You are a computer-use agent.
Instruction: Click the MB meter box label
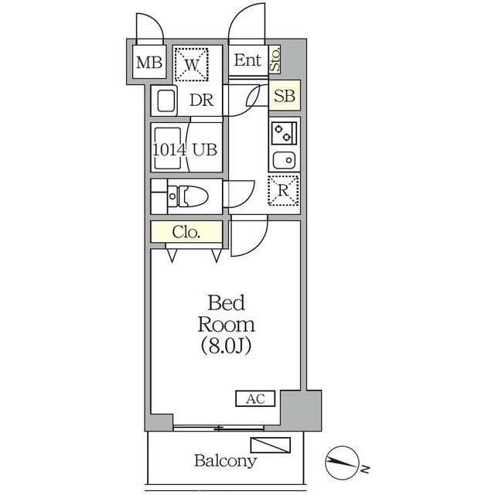coord(149,63)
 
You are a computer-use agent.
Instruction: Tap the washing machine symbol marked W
coord(191,64)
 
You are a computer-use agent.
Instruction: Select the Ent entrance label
coord(247,60)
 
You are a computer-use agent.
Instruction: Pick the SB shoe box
coord(285,95)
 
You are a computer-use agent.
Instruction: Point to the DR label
coord(202,101)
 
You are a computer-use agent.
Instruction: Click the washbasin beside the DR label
coord(165,101)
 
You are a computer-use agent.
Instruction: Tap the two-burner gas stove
coord(284,134)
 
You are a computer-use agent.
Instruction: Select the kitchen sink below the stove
coord(284,160)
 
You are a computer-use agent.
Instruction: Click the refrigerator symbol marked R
coord(284,190)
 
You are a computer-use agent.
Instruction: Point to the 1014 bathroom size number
coord(169,149)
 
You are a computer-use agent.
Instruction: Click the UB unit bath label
coord(205,149)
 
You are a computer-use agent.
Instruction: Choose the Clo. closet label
coord(186,232)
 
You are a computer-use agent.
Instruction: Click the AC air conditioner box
coord(255,398)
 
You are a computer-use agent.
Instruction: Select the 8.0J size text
coord(227,346)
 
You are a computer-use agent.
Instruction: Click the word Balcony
coord(225,461)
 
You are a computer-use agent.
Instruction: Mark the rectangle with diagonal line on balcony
coord(271,445)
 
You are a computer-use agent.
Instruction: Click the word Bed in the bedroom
coord(227,302)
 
